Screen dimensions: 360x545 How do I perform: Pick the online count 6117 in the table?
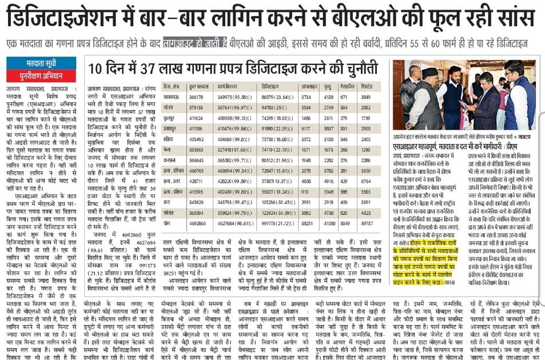coord(308,129)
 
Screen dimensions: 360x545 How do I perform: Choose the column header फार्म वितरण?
coord(228,86)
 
